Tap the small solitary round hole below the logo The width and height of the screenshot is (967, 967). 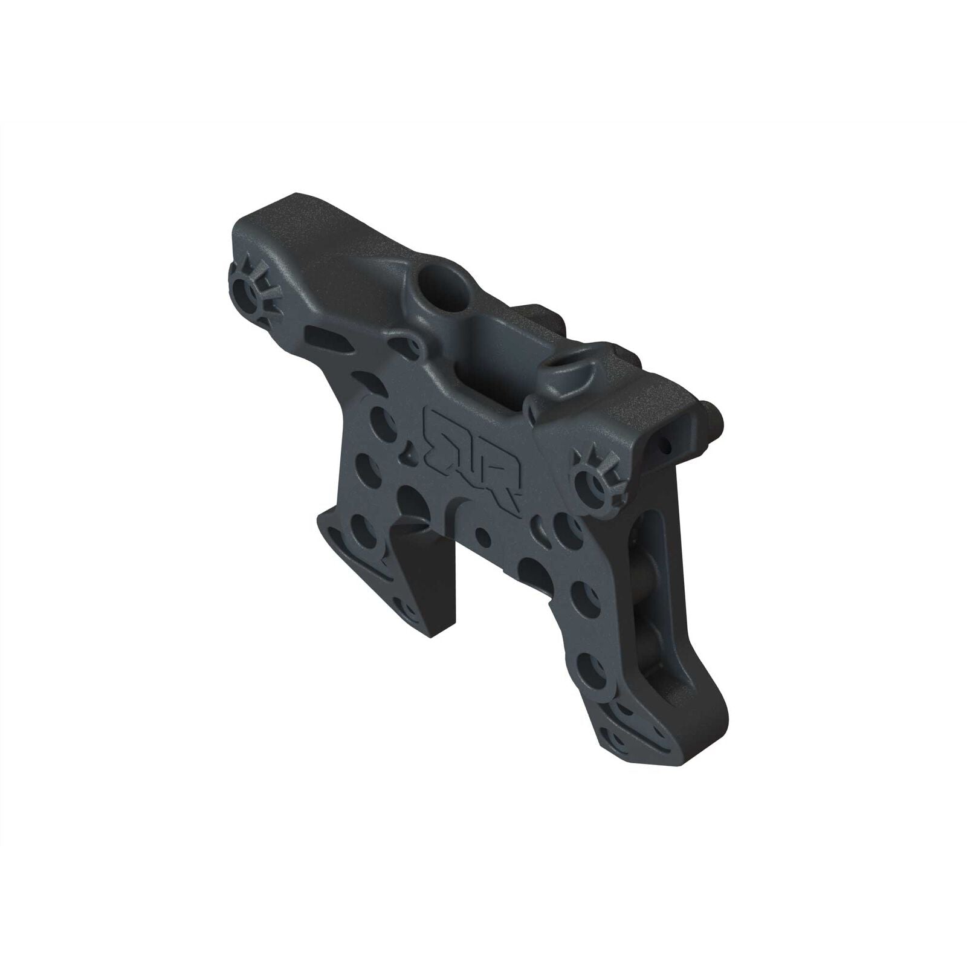coord(482,534)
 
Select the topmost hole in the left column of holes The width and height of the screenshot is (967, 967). coord(380,417)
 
